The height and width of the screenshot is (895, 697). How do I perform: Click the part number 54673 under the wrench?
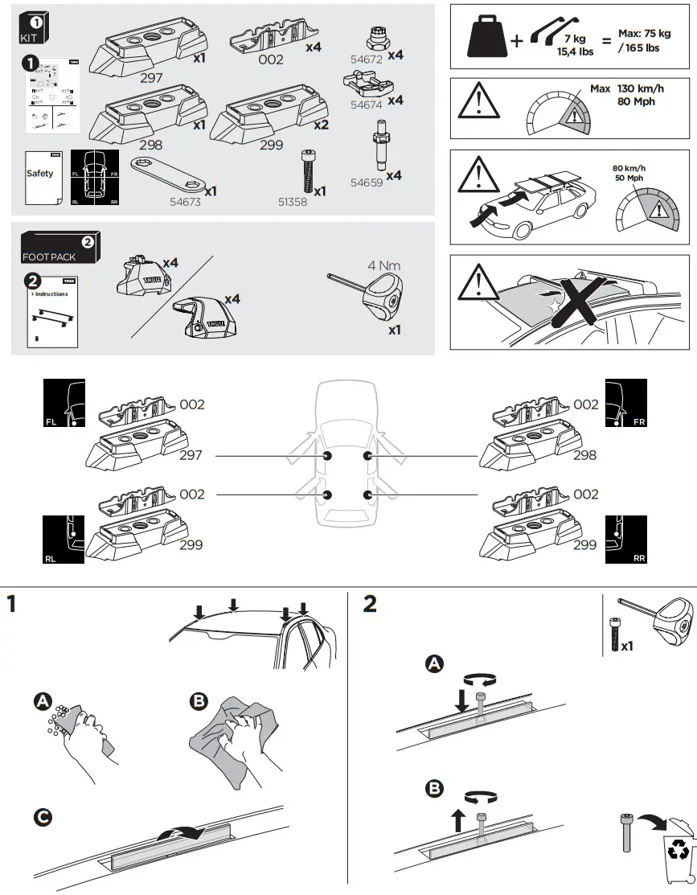click(x=184, y=203)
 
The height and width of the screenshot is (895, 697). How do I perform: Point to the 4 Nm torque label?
click(x=383, y=265)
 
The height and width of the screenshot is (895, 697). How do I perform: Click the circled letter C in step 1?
click(x=43, y=817)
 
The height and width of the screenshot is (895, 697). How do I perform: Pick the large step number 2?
click(x=369, y=604)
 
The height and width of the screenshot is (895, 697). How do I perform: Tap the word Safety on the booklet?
click(x=39, y=174)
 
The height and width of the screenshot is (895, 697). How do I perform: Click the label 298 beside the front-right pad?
click(x=584, y=455)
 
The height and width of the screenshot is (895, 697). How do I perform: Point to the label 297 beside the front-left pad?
click(x=191, y=455)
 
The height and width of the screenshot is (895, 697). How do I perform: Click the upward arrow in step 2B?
click(x=457, y=819)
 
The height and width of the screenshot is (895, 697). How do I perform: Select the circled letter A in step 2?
click(x=434, y=663)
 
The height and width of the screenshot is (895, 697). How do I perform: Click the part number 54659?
click(x=367, y=183)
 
